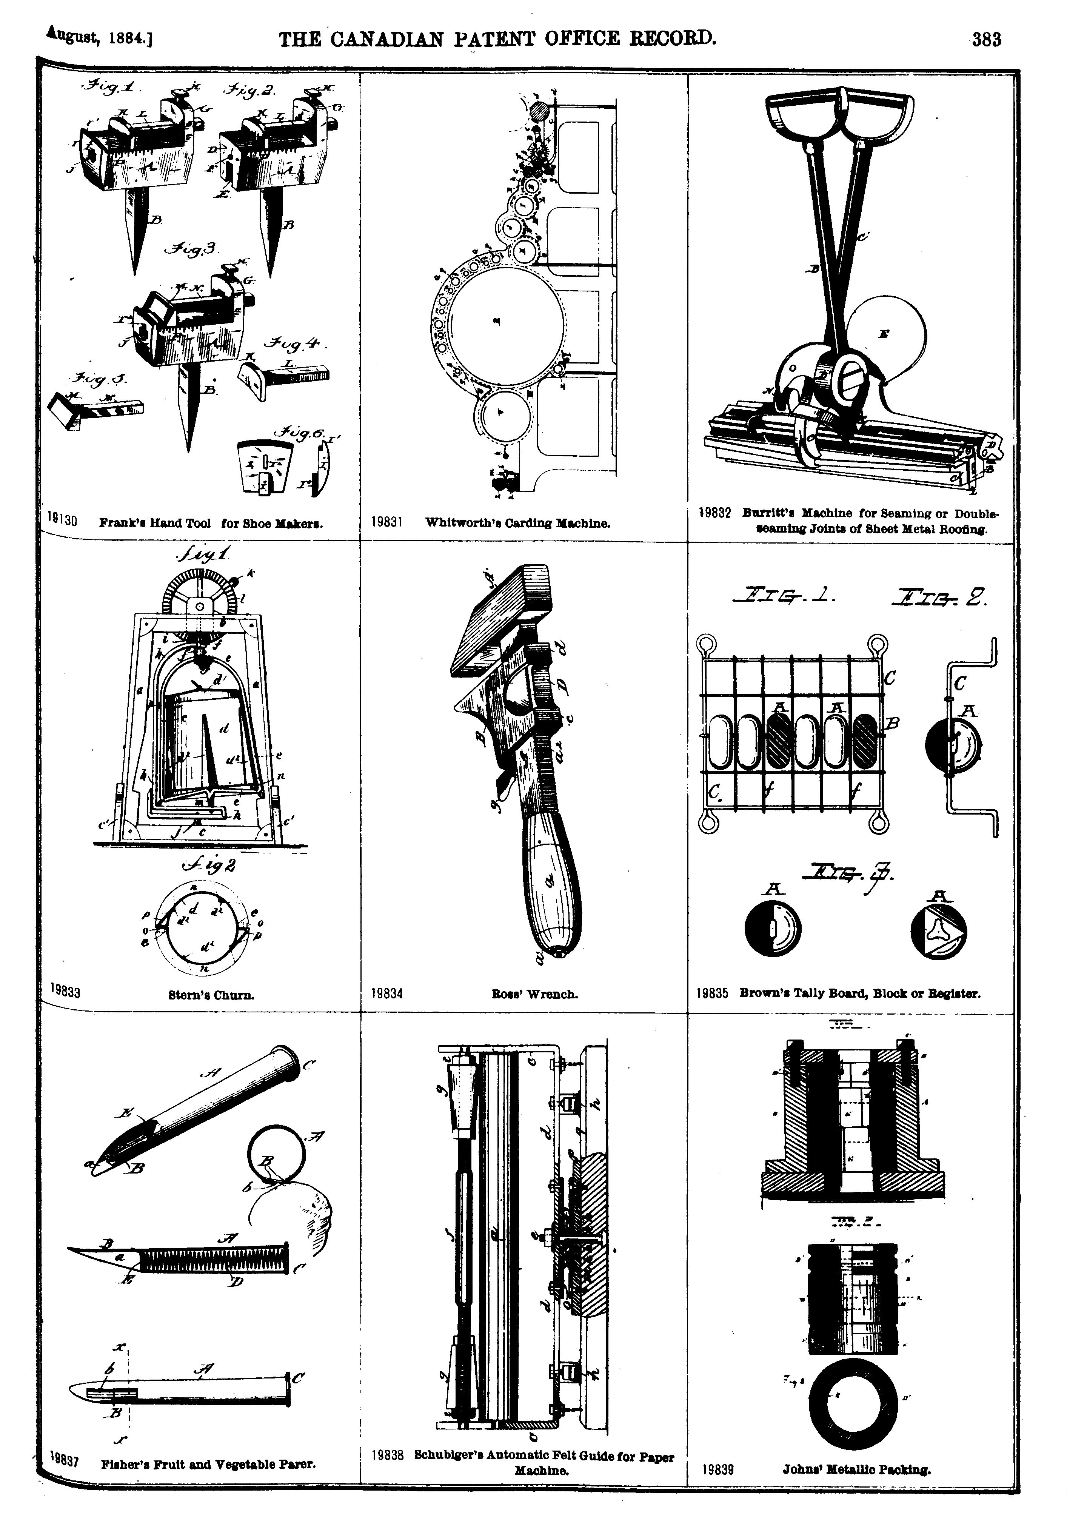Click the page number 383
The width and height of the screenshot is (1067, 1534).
986,40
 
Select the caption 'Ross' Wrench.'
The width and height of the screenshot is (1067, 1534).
534,994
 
